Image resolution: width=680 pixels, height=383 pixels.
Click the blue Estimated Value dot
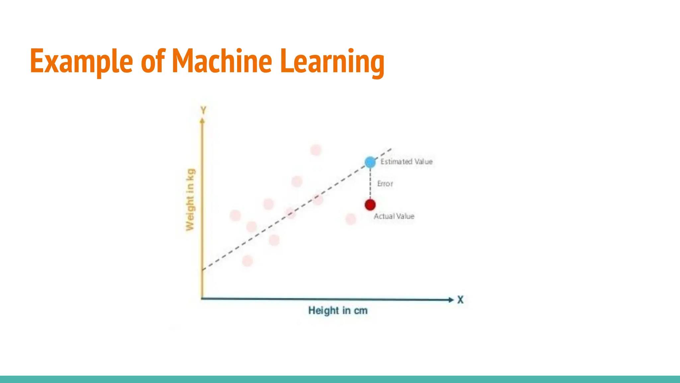coord(370,162)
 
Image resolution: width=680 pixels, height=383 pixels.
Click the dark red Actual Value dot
coord(370,205)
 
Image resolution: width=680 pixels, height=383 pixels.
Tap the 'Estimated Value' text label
coord(406,162)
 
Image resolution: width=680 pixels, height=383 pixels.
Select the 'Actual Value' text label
coord(394,216)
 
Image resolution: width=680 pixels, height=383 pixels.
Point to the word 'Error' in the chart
coord(385,184)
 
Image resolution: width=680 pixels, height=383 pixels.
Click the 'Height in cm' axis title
coord(338,311)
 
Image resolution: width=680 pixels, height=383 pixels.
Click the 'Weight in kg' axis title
coord(190,199)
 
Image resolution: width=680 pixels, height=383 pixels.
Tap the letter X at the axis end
coord(460,300)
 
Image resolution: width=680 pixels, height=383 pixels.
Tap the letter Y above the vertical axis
coord(203,110)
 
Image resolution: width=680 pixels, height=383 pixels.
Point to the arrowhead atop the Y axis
coord(202,121)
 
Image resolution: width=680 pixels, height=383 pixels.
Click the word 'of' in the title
coord(153,61)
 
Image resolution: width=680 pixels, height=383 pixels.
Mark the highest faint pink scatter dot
coord(316,150)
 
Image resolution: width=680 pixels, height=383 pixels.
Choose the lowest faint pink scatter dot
coord(247,261)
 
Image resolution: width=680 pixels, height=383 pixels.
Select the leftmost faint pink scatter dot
coord(235,215)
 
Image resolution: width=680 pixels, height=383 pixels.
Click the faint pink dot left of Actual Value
coord(351,219)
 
